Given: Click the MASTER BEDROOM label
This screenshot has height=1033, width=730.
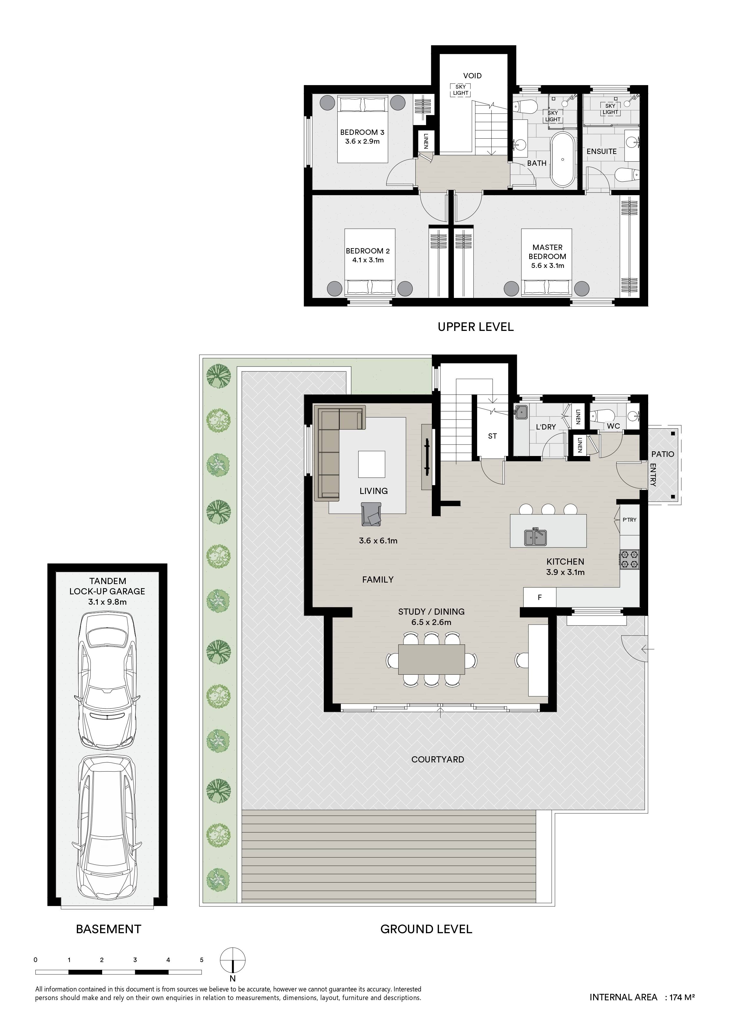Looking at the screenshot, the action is [547, 252].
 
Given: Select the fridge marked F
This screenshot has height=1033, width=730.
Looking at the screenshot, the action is [540, 598].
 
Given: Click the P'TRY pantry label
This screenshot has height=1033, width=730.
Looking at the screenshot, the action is [630, 520].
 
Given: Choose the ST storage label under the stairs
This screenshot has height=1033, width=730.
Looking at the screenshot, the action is [492, 436].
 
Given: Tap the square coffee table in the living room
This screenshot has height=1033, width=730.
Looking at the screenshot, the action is [371, 464].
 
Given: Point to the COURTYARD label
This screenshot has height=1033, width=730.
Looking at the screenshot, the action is [438, 760].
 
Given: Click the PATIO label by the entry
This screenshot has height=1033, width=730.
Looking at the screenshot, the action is [663, 454].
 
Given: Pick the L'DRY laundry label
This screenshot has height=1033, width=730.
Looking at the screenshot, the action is [546, 427].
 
